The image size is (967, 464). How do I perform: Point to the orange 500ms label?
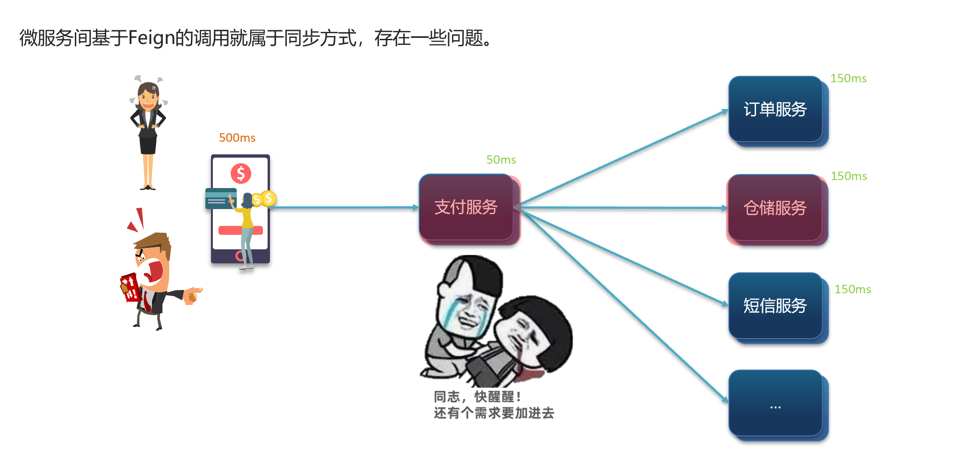237,138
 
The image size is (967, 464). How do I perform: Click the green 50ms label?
501,159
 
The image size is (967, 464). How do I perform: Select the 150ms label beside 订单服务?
848,78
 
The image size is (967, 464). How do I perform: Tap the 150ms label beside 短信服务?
852,289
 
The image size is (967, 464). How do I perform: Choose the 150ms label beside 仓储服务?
849,176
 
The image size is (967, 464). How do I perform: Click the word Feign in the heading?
151,37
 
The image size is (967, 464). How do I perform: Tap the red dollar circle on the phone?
241,174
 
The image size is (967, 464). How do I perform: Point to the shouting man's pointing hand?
193,295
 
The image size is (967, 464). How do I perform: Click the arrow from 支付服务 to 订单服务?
622,159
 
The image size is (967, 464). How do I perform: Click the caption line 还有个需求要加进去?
494,413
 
